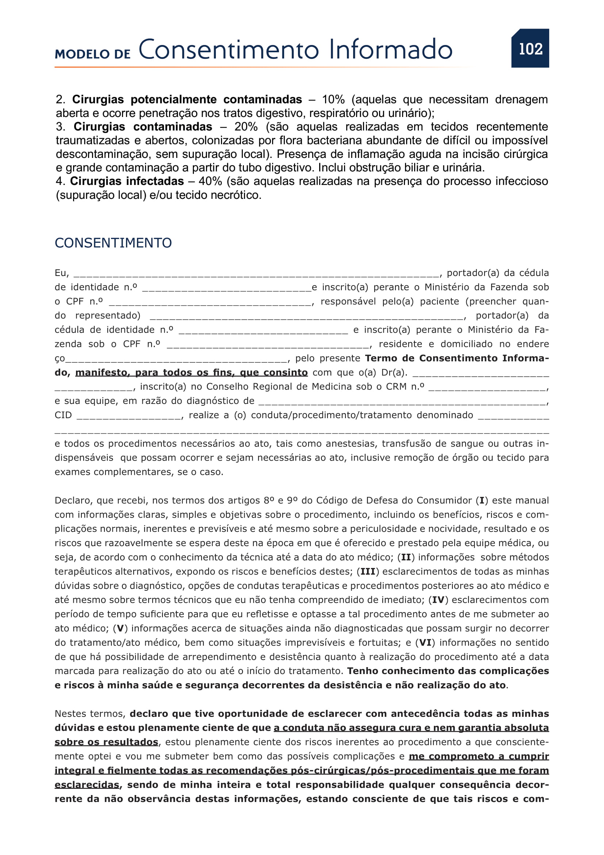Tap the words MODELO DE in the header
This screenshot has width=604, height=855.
tap(93, 54)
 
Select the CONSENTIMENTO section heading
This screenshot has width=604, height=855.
tap(113, 243)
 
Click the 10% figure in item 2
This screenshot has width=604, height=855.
tap(333, 99)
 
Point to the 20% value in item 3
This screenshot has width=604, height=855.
tap(245, 126)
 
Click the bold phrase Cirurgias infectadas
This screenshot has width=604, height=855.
tap(127, 181)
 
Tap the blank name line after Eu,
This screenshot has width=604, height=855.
tap(256, 274)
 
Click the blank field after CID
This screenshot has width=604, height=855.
tap(129, 416)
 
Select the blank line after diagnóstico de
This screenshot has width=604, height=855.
tap(402, 402)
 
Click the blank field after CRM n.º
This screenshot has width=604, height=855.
tap(487, 387)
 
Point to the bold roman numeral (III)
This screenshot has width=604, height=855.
tap(367, 572)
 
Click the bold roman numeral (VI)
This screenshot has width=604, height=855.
tap(425, 643)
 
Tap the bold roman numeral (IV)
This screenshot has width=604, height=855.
tap(439, 600)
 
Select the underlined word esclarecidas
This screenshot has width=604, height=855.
tap(87, 785)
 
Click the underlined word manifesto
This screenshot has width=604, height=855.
tap(102, 373)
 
